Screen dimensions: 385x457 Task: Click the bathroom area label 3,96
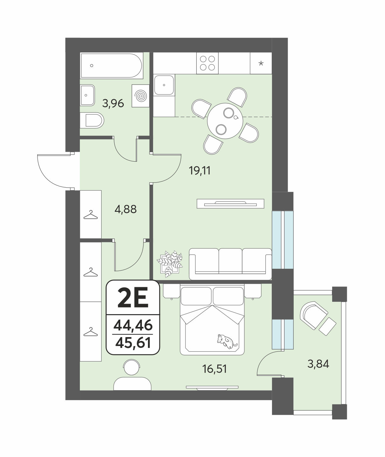pos(113,103)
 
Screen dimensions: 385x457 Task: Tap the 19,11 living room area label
pos(199,170)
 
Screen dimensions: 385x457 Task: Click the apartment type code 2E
pos(133,298)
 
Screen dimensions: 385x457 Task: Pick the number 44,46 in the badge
pos(133,325)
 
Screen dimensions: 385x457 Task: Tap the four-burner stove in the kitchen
pos(207,63)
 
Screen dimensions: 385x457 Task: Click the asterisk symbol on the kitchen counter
pos(261,64)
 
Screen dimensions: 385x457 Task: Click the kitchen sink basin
pos(164,85)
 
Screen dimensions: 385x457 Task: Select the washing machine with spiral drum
pos(140,96)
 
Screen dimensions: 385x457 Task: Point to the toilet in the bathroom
pos(92,121)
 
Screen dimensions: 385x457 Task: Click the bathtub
pos(112,66)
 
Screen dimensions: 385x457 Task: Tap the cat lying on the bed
pos(227,342)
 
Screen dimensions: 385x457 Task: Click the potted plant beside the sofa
pos(170,264)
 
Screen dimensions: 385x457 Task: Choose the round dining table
pos(225,121)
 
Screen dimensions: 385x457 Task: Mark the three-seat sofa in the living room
pos(230,264)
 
